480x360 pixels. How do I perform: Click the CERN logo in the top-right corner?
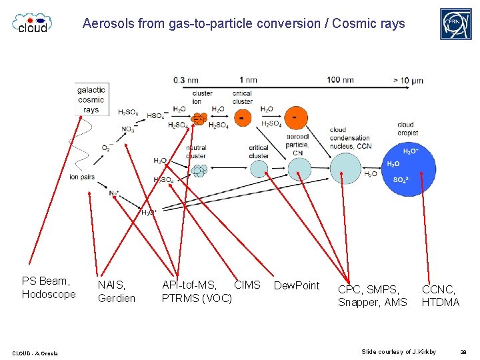click(x=455, y=24)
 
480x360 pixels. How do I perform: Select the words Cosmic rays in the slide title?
click(x=369, y=24)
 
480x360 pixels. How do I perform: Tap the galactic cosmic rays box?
click(x=91, y=99)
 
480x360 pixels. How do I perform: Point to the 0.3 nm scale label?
click(x=185, y=80)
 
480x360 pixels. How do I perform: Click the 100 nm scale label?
click(x=340, y=80)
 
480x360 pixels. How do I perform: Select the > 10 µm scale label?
click(x=408, y=81)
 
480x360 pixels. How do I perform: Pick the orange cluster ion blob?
click(x=199, y=119)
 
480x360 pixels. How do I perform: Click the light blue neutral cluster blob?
click(x=199, y=171)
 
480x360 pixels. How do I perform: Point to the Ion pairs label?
click(x=81, y=177)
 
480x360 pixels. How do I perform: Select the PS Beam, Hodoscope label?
click(x=49, y=287)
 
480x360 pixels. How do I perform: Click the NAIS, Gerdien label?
click(x=117, y=291)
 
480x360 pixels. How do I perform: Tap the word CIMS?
click(x=247, y=285)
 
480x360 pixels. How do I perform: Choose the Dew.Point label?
click(x=297, y=285)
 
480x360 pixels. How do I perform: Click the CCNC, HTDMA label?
click(x=440, y=295)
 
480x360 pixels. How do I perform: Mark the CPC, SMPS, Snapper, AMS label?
click(x=372, y=295)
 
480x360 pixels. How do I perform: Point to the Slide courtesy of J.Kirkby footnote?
click(x=399, y=351)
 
